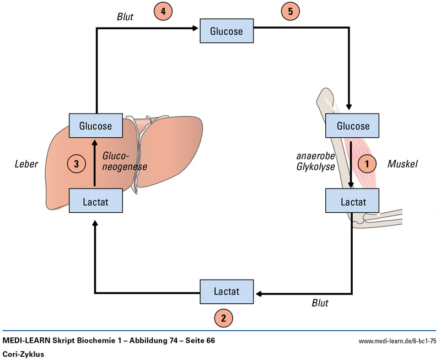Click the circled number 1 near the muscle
click(x=368, y=163)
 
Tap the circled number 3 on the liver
click(x=77, y=163)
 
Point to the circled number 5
click(x=290, y=11)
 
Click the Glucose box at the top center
click(x=226, y=31)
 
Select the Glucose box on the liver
click(x=95, y=126)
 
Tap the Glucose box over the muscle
click(x=353, y=126)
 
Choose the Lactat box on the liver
click(x=95, y=201)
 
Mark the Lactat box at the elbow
click(x=353, y=201)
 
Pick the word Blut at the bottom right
click(x=323, y=303)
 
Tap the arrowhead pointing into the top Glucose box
click(x=195, y=28)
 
